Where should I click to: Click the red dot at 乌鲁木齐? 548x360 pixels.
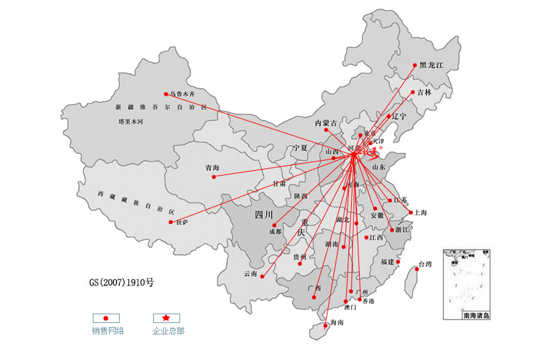coord(166,94)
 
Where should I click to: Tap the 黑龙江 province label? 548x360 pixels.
coord(432,65)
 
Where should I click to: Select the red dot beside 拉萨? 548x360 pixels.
coord(171,222)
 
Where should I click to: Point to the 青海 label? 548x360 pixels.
coord(212,168)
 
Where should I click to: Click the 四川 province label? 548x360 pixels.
coord(264,215)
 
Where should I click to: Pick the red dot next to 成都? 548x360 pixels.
coord(275,225)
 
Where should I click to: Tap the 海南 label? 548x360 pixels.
coord(337,323)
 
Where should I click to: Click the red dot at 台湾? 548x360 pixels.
coord(414,268)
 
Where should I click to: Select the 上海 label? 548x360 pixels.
coord(421,213)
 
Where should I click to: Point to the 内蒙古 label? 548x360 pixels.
coord(326,123)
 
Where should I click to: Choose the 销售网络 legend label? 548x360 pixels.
coord(108,330)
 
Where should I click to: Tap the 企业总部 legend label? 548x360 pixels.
coord(168,330)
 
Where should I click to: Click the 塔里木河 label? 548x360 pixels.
coord(131,122)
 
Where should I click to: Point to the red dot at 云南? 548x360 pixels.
coord(263,276)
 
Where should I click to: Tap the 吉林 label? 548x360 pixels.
coord(424,92)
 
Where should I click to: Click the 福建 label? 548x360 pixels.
coord(387,262)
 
